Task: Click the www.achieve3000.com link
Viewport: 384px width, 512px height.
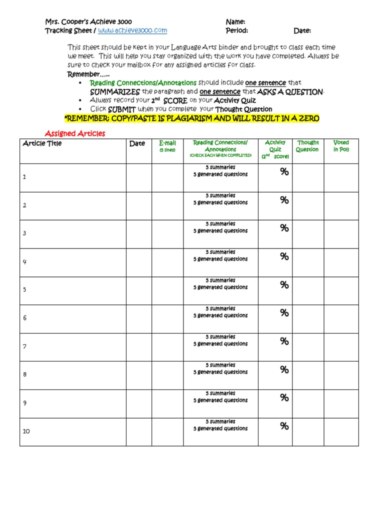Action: pos(132,31)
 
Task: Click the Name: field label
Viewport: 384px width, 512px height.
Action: pos(235,22)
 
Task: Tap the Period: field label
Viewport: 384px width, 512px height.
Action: pos(236,31)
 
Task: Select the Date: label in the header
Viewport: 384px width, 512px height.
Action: pos(302,31)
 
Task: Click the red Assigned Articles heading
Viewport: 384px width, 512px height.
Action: pos(75,133)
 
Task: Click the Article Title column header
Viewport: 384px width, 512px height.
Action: pos(42,143)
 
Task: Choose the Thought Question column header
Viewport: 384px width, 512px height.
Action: pos(307,146)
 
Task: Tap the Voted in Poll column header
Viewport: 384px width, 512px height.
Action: pos(341,146)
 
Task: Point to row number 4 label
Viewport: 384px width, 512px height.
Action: pos(24,261)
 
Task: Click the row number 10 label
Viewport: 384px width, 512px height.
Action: pos(26,431)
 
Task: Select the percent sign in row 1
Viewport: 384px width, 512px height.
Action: pos(284,172)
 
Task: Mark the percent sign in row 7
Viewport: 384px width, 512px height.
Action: pos(284,341)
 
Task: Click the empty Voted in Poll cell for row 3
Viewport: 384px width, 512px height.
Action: pos(341,234)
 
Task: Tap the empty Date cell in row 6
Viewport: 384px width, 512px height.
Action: pos(139,318)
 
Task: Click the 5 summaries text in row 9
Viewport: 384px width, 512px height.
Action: pos(220,393)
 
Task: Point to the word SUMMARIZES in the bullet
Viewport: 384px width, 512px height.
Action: pos(115,92)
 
